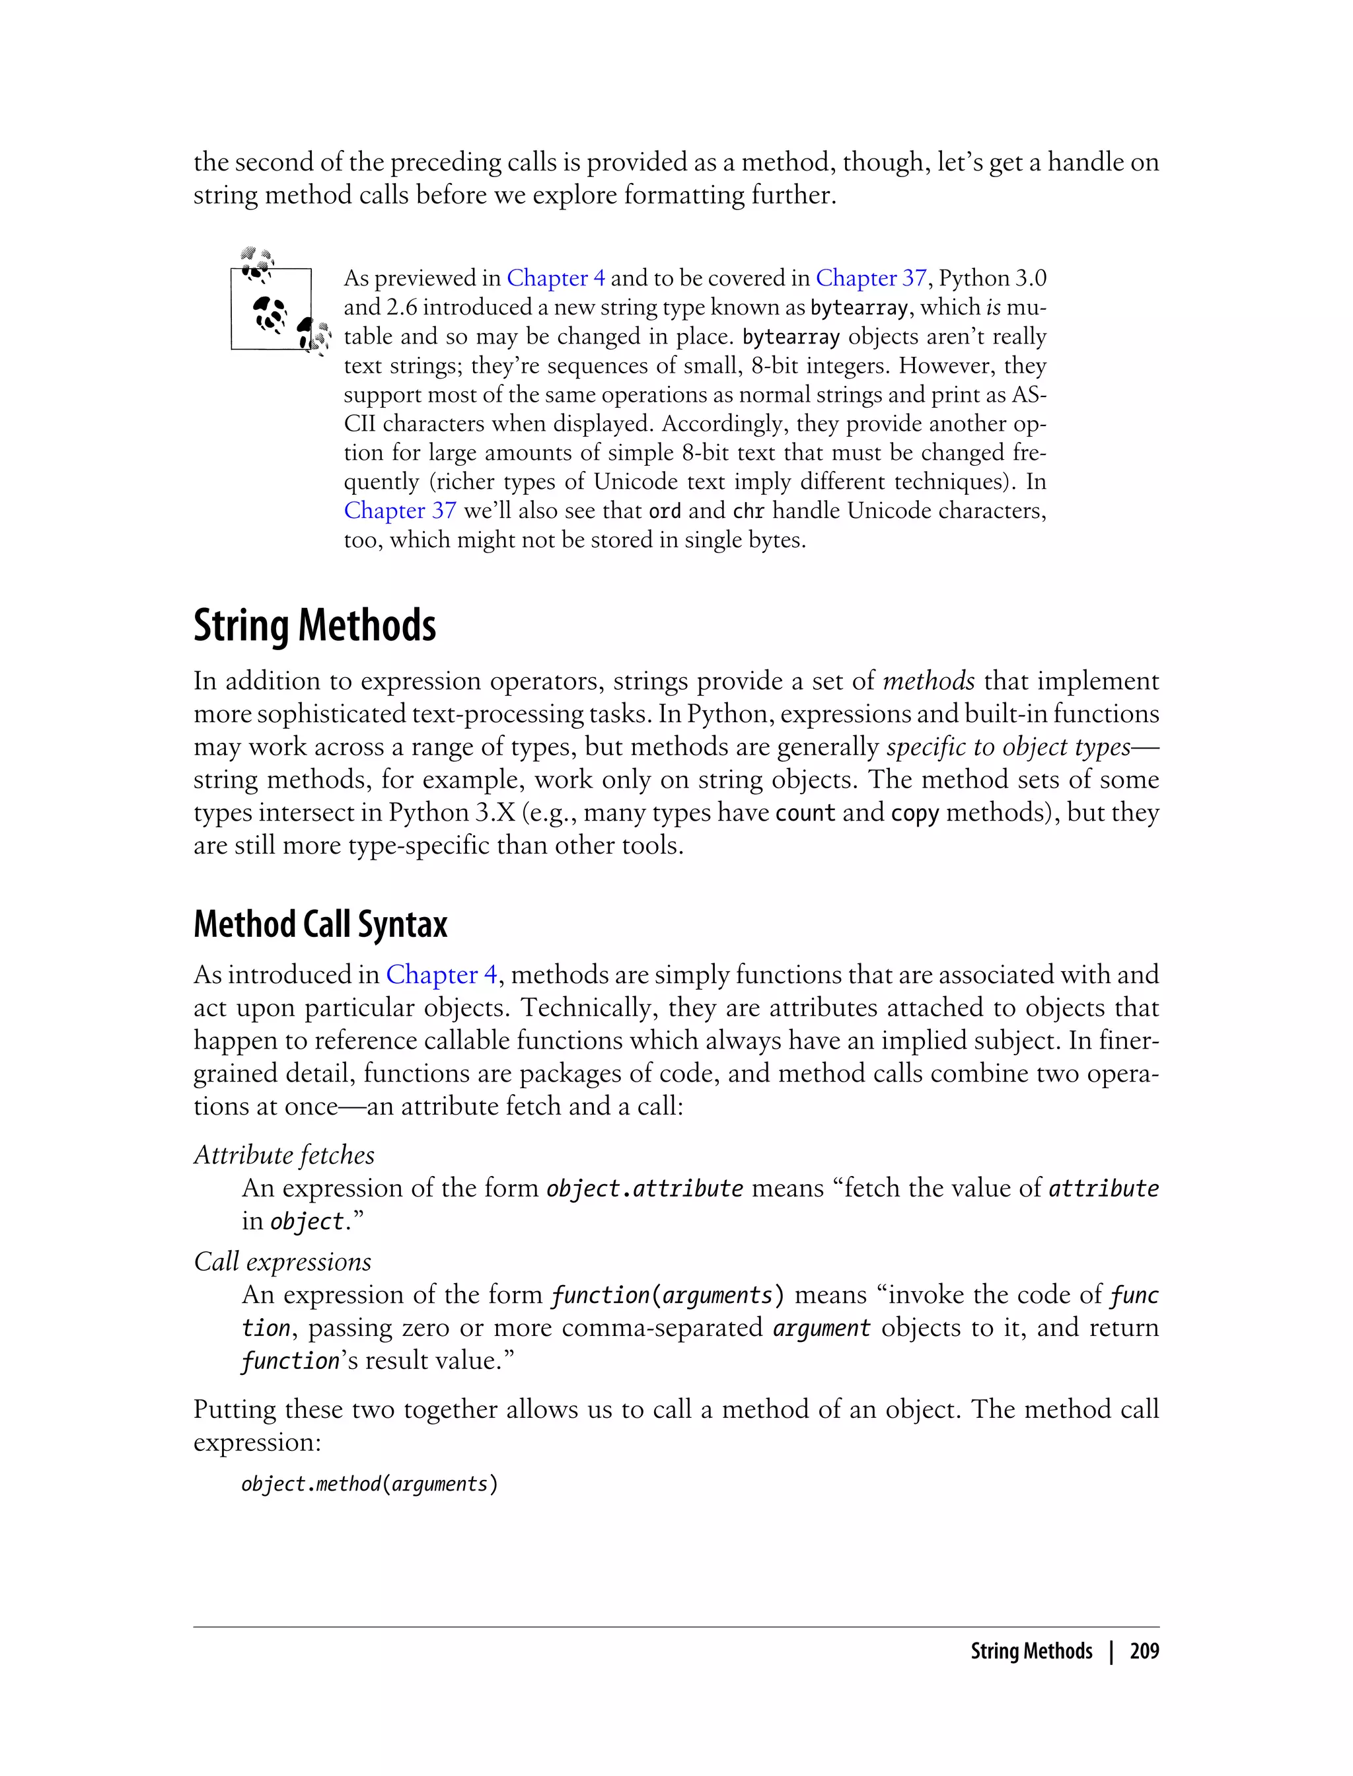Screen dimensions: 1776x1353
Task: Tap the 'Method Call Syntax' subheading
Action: point(320,924)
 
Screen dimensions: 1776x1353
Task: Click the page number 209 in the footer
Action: point(1144,1651)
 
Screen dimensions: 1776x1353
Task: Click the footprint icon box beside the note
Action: point(272,309)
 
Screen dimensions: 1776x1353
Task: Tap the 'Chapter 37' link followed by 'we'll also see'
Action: point(400,511)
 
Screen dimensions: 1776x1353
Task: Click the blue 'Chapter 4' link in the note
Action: point(555,278)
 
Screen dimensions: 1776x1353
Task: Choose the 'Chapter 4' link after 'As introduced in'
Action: point(441,975)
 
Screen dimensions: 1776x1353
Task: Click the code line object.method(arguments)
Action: point(370,1483)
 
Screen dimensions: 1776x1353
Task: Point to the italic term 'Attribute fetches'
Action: point(284,1155)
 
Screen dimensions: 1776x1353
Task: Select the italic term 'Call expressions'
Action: point(283,1261)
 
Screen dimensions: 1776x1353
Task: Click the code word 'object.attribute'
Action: point(644,1189)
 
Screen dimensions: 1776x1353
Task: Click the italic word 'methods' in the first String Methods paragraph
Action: point(929,681)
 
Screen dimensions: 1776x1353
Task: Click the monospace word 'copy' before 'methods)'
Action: point(914,813)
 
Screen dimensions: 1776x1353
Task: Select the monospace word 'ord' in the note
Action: point(665,511)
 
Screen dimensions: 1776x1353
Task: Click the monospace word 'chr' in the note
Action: point(748,511)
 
